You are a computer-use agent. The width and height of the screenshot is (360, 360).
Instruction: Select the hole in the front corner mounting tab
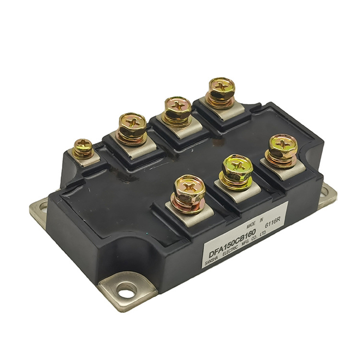click(126, 290)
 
